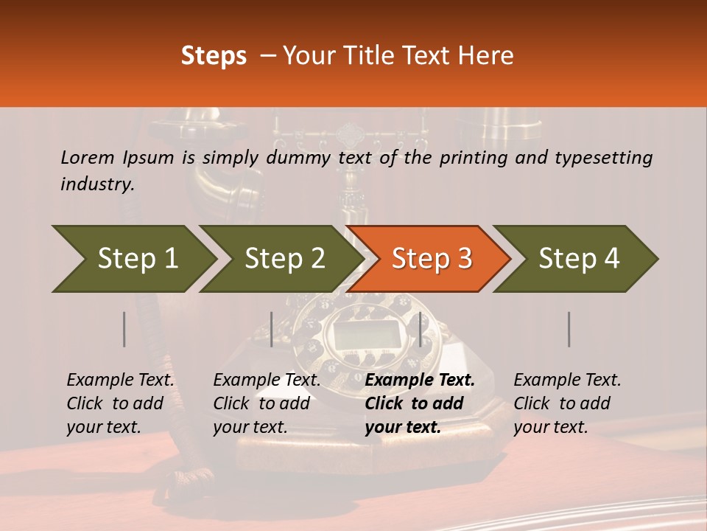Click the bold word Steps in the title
tap(214, 56)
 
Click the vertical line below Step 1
tap(124, 329)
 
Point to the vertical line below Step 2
tap(272, 329)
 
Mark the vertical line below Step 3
tap(421, 329)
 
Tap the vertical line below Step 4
tap(569, 329)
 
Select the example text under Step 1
tap(120, 403)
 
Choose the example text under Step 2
tap(267, 403)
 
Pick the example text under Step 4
tap(567, 403)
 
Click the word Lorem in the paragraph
tap(88, 157)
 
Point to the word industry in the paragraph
tap(96, 184)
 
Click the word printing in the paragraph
tap(471, 157)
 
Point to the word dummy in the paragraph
tap(301, 157)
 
